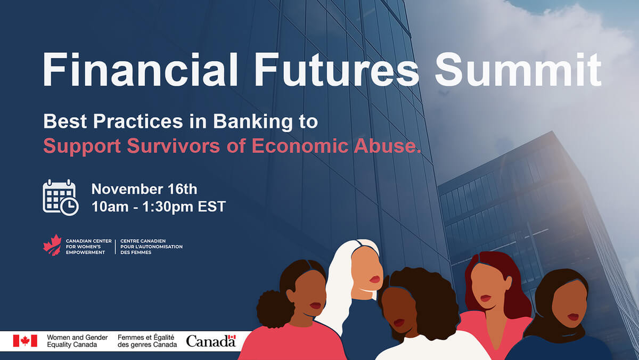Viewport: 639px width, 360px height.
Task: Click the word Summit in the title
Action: pyautogui.click(x=518, y=69)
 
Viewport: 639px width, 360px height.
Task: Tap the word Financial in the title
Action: pyautogui.click(x=140, y=69)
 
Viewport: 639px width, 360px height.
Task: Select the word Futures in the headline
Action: pyautogui.click(x=337, y=69)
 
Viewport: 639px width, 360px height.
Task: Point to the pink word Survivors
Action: pyautogui.click(x=174, y=146)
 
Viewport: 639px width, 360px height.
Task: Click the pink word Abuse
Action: pyautogui.click(x=388, y=145)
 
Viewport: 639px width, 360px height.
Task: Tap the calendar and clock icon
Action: pyautogui.click(x=61, y=198)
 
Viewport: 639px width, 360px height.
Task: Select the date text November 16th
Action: pyautogui.click(x=144, y=189)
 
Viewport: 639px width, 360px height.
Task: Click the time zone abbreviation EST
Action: pyautogui.click(x=212, y=207)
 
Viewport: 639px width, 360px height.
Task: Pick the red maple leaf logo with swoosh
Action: pyautogui.click(x=53, y=245)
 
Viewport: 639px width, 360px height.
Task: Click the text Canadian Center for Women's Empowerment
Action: pyautogui.click(x=88, y=247)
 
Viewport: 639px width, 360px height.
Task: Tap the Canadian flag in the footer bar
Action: pyautogui.click(x=25, y=341)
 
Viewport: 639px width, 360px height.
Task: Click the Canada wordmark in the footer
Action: pyautogui.click(x=211, y=341)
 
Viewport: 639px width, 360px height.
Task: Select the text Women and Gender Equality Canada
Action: pyautogui.click(x=77, y=341)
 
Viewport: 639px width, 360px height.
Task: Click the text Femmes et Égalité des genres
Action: pyautogui.click(x=147, y=341)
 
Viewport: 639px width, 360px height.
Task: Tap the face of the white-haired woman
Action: pyautogui.click(x=366, y=273)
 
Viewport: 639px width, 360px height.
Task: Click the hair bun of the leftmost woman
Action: pyautogui.click(x=274, y=309)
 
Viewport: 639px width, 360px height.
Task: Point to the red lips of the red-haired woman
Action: pyautogui.click(x=485, y=298)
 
